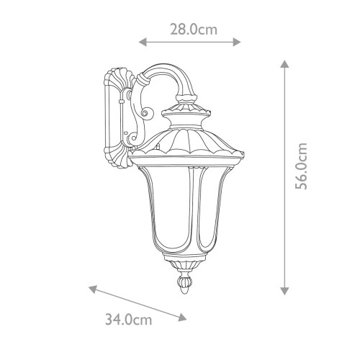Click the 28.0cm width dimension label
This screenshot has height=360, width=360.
point(193,30)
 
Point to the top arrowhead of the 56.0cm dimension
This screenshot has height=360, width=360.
point(285,64)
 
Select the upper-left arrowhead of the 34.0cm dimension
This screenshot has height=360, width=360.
point(92,289)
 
